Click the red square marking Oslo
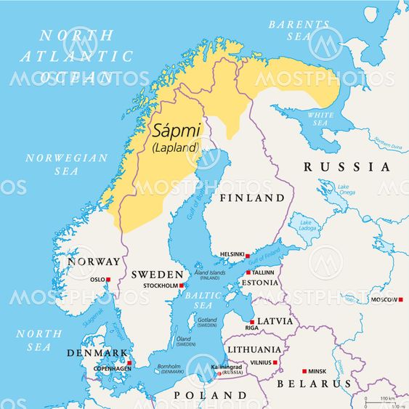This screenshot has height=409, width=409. [x=108, y=280]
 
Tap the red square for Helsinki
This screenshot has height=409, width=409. [x=247, y=256]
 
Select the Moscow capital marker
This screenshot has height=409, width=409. [x=400, y=299]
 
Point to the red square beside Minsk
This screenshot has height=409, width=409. [x=304, y=370]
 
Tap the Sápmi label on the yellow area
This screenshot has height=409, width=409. [x=175, y=131]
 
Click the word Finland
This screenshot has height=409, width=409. [x=252, y=198]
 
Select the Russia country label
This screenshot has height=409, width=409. [x=347, y=167]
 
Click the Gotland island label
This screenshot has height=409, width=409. [x=207, y=323]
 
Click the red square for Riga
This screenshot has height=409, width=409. [x=252, y=322]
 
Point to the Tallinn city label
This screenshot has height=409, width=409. [x=263, y=272]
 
